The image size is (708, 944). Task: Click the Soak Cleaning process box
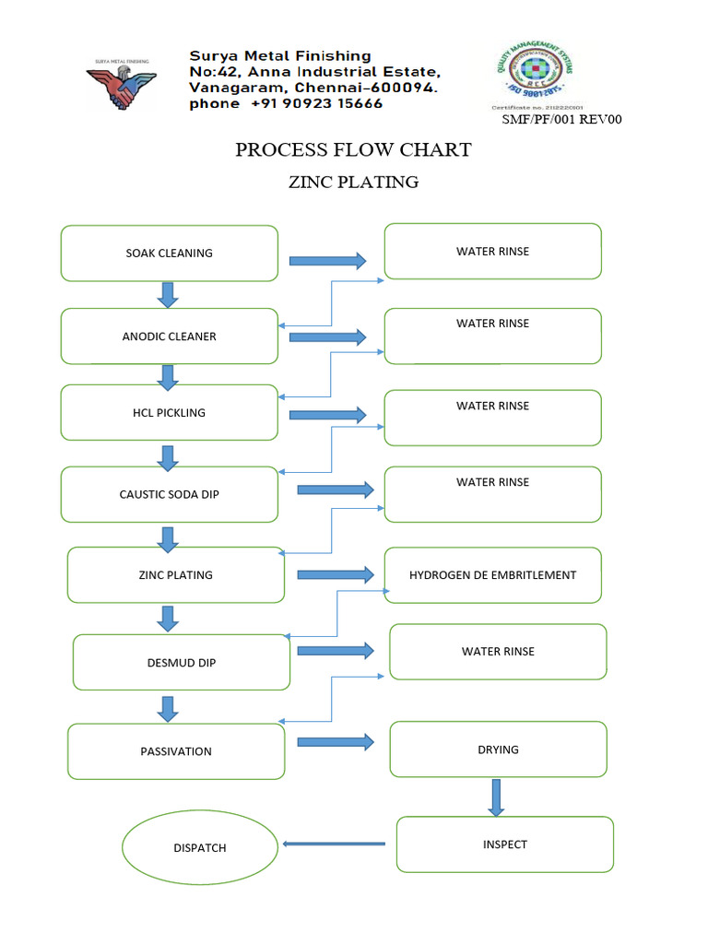point(169,254)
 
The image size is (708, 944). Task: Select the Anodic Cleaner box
point(169,336)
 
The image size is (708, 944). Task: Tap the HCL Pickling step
point(169,412)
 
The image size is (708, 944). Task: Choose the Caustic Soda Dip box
point(169,494)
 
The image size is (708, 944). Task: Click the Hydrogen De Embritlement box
point(492,575)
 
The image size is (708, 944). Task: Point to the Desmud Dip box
point(181,663)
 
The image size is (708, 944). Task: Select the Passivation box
point(176,751)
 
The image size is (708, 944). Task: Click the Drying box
point(498,749)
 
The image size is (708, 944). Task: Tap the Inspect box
point(504,844)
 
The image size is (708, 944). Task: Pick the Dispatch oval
point(200,848)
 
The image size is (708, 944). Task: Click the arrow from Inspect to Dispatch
point(334,844)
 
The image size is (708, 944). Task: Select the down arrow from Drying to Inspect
point(496,797)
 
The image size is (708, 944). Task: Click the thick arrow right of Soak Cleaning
point(327,261)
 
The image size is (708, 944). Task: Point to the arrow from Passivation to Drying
point(336,741)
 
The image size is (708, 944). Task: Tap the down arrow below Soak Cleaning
point(168,295)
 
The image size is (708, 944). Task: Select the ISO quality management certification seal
point(535,79)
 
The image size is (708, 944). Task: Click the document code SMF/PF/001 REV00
point(561,119)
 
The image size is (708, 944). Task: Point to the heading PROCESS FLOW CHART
point(353,149)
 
